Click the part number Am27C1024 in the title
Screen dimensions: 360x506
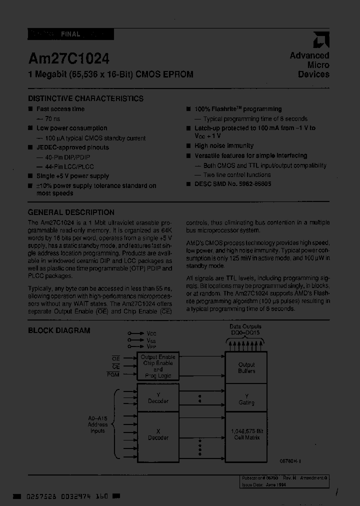(x=68, y=58)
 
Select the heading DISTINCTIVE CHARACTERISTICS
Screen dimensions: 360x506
(x=85, y=98)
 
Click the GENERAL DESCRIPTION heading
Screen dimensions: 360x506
(x=71, y=212)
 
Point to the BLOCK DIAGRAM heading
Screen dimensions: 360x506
(x=59, y=330)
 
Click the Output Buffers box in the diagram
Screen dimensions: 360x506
(x=246, y=367)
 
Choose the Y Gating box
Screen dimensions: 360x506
(x=246, y=398)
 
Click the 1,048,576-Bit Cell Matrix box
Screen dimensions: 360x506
(x=246, y=434)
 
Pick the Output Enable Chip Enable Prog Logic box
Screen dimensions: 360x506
(x=157, y=366)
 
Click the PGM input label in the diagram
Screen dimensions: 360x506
(x=113, y=374)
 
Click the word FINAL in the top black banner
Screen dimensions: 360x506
(x=70, y=34)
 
